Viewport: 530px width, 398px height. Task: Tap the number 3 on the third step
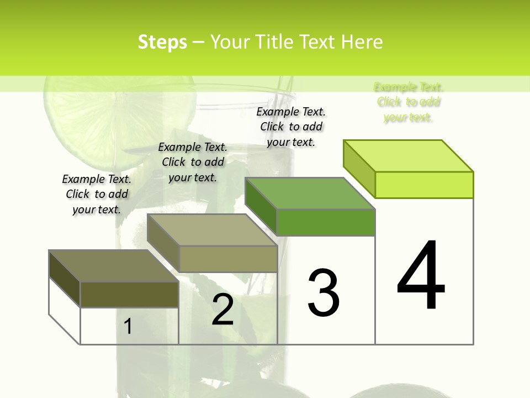click(x=323, y=293)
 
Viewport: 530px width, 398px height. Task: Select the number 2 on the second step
click(x=222, y=310)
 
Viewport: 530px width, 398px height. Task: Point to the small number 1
click(x=128, y=326)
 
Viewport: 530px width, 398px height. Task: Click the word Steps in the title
click(x=162, y=42)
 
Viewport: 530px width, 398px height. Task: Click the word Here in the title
click(x=362, y=42)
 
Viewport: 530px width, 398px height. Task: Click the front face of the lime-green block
click(x=424, y=185)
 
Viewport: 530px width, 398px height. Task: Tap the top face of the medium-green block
click(x=310, y=193)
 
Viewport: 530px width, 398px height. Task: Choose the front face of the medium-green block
click(x=326, y=222)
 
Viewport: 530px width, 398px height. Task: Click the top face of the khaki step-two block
click(x=212, y=230)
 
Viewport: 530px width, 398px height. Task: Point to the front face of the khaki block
click(x=228, y=259)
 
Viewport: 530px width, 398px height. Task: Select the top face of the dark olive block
click(x=114, y=266)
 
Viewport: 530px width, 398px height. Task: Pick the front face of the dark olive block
click(x=129, y=295)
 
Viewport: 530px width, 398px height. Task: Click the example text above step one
click(x=97, y=194)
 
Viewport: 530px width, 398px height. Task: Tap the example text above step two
click(x=193, y=162)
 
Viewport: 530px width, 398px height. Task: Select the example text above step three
click(x=291, y=127)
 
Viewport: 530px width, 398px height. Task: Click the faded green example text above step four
click(x=409, y=102)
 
